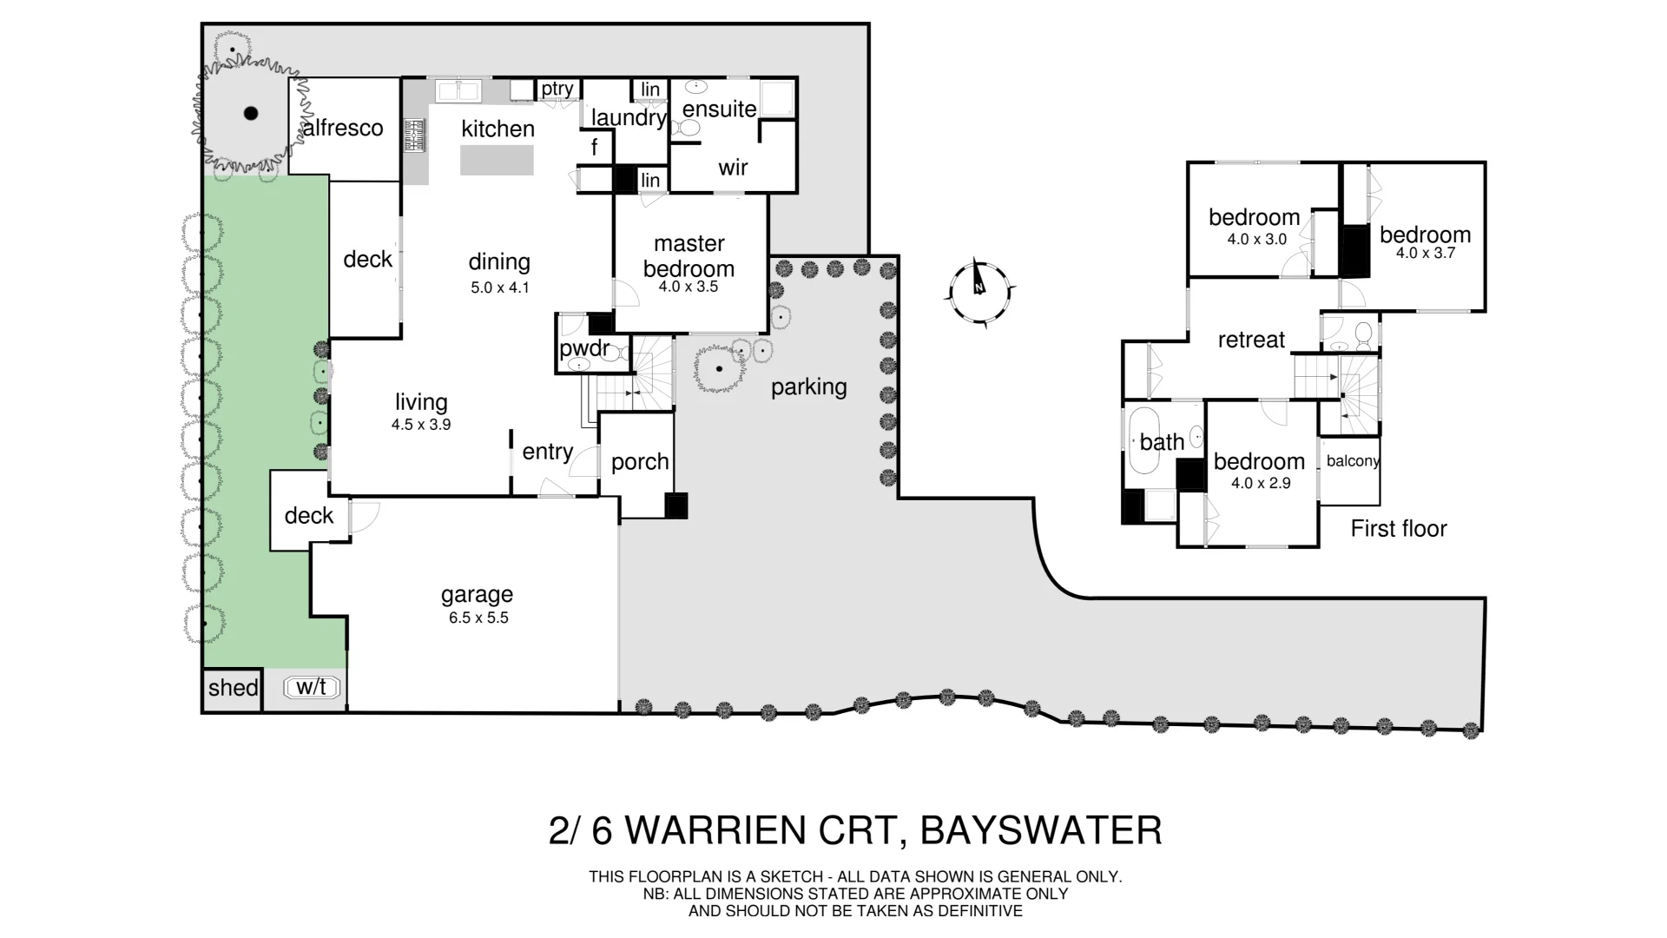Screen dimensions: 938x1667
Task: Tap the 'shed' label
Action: click(233, 688)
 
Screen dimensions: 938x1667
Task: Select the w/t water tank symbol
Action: click(312, 688)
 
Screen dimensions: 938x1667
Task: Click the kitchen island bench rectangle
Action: click(497, 161)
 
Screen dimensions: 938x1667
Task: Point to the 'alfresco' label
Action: click(343, 129)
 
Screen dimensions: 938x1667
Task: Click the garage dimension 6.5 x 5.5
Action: click(478, 618)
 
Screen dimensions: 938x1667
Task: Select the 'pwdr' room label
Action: click(583, 350)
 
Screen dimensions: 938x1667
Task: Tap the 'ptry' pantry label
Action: click(557, 89)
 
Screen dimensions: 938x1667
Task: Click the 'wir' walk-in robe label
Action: click(733, 168)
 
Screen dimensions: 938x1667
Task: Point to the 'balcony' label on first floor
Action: click(1352, 461)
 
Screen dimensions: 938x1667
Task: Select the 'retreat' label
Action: click(1251, 340)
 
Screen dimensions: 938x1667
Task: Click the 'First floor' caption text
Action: click(1399, 529)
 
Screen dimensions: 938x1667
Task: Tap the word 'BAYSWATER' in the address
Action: click(1041, 831)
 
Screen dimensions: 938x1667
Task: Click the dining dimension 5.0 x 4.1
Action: click(499, 287)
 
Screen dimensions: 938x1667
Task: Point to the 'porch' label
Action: click(640, 462)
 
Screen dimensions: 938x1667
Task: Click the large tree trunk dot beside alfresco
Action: click(251, 113)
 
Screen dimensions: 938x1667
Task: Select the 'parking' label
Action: click(808, 387)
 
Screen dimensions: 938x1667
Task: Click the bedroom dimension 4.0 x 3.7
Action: click(1425, 254)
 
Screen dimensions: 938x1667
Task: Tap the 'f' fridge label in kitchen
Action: click(594, 148)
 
